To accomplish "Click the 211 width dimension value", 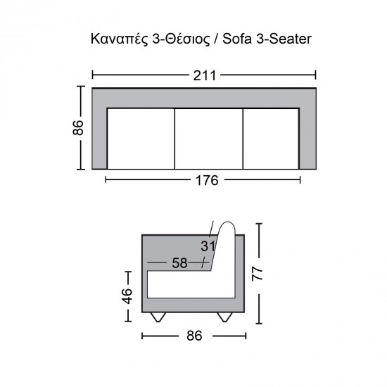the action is pyautogui.click(x=204, y=75).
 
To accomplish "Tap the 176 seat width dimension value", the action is pyautogui.click(x=207, y=180).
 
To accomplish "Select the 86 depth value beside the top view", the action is pyautogui.click(x=78, y=127).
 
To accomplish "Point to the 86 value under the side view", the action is pyautogui.click(x=194, y=336).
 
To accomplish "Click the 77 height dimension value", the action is pyautogui.click(x=258, y=273).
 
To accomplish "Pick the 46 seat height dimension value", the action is pyautogui.click(x=127, y=296).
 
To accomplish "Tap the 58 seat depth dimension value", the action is pyautogui.click(x=179, y=263).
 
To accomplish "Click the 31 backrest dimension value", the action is pyautogui.click(x=208, y=246).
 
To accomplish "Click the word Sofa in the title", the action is pyautogui.click(x=237, y=39).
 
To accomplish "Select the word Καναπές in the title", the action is pyautogui.click(x=120, y=39).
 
